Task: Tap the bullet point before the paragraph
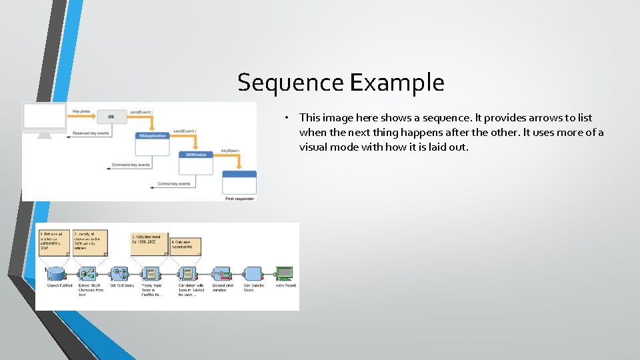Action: click(285, 118)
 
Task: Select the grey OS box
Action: click(111, 116)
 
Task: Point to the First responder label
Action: click(239, 198)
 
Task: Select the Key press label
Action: click(81, 110)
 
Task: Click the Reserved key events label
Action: click(91, 133)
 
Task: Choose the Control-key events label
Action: click(174, 183)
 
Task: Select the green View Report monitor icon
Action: click(285, 273)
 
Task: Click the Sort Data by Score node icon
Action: click(252, 273)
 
